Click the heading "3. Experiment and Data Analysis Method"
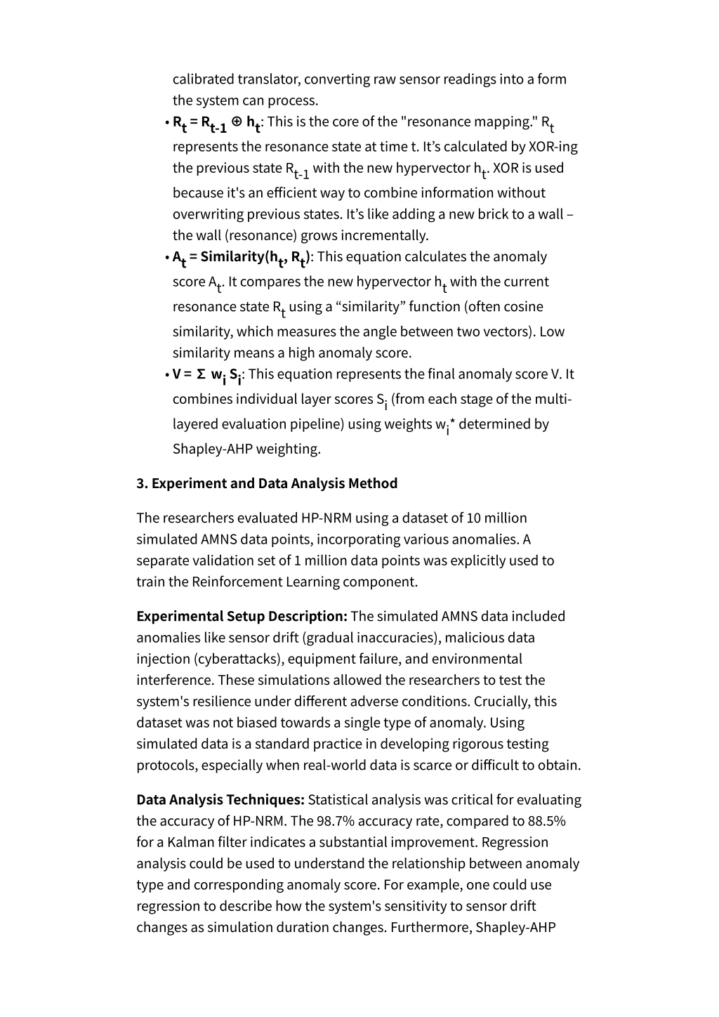(x=267, y=483)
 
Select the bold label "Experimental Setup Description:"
(x=242, y=616)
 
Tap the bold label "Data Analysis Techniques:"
(x=220, y=799)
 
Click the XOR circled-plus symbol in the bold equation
(x=237, y=121)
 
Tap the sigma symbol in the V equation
(x=202, y=374)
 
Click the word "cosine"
(x=523, y=306)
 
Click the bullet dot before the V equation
(x=167, y=374)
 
